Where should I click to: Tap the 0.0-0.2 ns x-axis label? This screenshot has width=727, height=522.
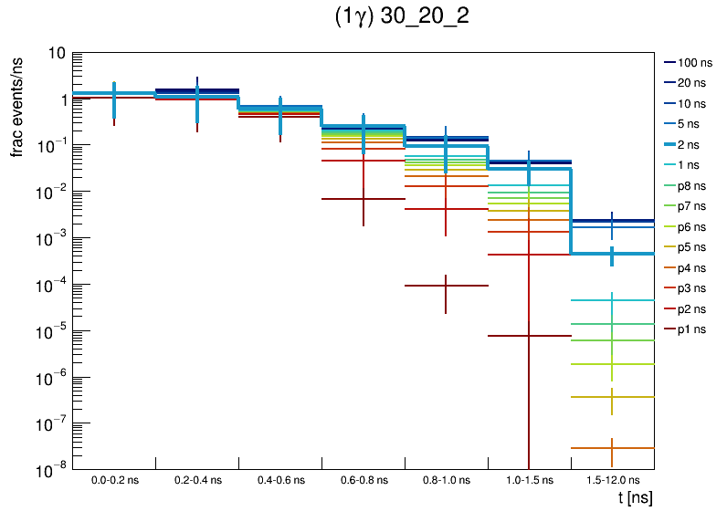click(x=114, y=479)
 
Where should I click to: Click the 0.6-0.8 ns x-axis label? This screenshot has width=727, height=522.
click(x=363, y=479)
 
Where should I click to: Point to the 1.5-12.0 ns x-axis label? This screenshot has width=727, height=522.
click(x=612, y=479)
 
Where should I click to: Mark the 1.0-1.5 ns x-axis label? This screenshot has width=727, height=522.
click(x=529, y=479)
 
